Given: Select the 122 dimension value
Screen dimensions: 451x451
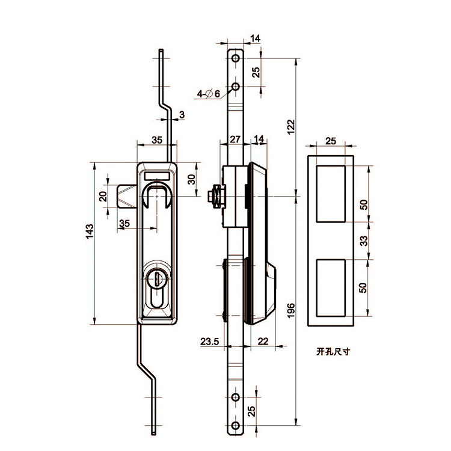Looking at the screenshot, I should [290, 126].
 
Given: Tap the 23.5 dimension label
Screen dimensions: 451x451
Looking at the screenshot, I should [210, 342].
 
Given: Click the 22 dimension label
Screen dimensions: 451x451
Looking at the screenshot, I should [262, 342].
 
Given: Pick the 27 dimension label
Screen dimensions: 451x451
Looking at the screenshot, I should [235, 139].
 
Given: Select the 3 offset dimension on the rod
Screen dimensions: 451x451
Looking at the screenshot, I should [182, 114].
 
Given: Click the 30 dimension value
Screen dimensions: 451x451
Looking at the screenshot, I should [192, 180].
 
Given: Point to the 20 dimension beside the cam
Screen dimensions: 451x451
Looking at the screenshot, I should [103, 196].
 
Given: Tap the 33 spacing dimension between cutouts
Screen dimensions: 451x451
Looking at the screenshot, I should [363, 241].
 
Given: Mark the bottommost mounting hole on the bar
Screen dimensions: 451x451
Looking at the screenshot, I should [236, 428].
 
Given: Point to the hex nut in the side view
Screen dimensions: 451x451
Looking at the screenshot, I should [212, 196].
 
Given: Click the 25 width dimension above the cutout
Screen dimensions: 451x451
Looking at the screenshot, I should [330, 141].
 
